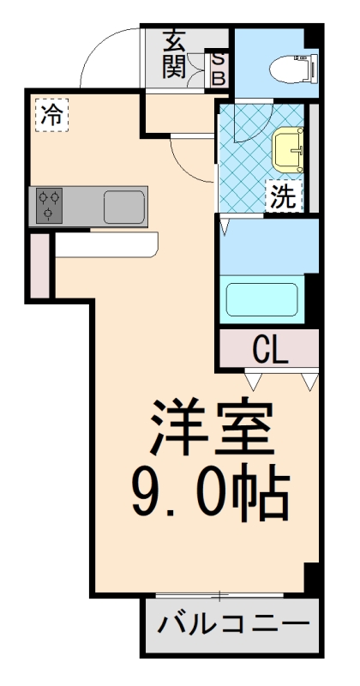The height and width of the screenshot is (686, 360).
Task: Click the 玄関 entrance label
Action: click(175, 54)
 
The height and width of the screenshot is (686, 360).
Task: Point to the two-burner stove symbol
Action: click(48, 205)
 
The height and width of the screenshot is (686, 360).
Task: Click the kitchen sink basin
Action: click(124, 207)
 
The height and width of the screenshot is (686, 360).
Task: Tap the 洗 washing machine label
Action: click(284, 196)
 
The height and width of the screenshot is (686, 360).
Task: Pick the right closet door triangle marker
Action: click(309, 378)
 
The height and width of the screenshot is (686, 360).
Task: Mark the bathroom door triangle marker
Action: click(225, 226)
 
